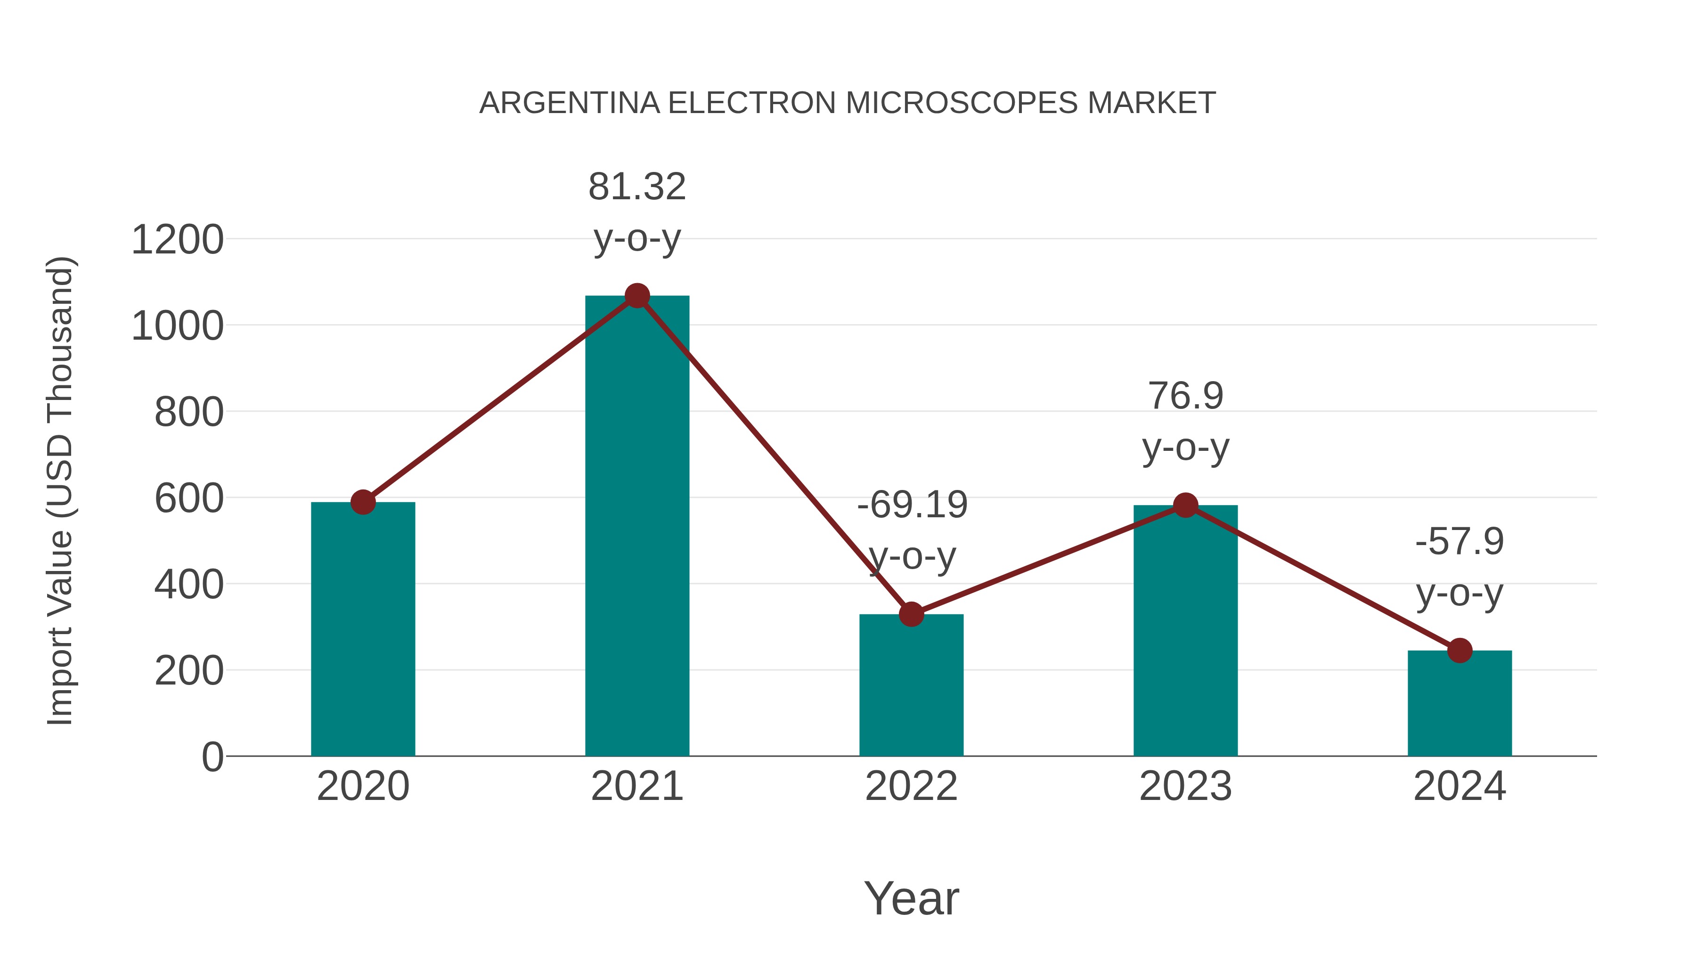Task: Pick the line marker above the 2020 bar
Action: coord(363,502)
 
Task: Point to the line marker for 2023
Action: coord(1185,505)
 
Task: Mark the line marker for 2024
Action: coord(1459,651)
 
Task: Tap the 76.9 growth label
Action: coord(1185,396)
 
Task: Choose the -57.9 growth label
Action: coord(1459,541)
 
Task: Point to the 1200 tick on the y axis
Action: coord(178,240)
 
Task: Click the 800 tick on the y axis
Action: coord(189,413)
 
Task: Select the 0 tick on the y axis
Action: coord(212,757)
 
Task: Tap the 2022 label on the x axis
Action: coord(911,786)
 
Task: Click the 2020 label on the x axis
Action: coord(363,786)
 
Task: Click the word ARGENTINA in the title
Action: coord(570,103)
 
